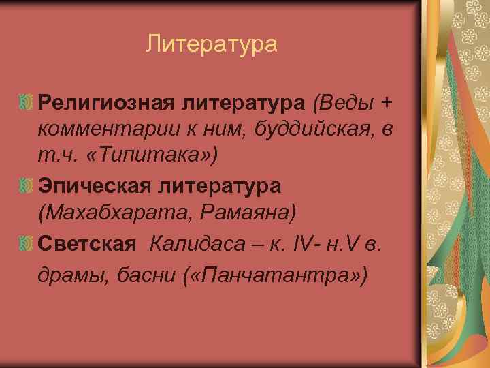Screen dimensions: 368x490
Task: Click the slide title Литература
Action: pos(212,45)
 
